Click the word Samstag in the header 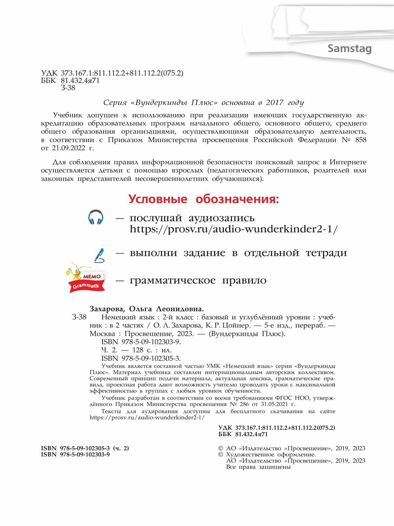coord(349,49)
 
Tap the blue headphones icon coord(96,218)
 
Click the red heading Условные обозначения coord(204,199)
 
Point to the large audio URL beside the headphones coord(233,229)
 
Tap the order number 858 coord(360,140)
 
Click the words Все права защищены coord(258,467)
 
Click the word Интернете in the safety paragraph coord(348,162)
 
